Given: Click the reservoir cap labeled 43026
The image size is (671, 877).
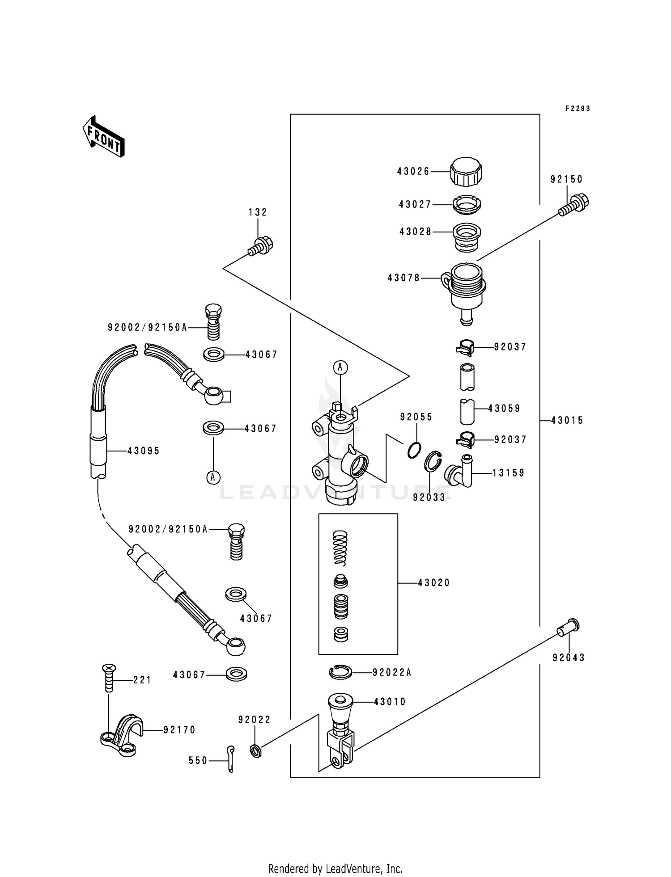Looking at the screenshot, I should (466, 172).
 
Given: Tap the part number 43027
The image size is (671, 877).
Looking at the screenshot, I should (415, 204).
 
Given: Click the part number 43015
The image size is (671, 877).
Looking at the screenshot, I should (567, 421).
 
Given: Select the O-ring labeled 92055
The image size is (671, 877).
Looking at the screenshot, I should (415, 450).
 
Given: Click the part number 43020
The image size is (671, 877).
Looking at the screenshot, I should (433, 583).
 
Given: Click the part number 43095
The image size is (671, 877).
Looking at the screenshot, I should (143, 451).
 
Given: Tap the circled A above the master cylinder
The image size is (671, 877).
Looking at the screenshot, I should (340, 367).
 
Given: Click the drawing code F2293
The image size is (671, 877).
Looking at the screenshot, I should (578, 109).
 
